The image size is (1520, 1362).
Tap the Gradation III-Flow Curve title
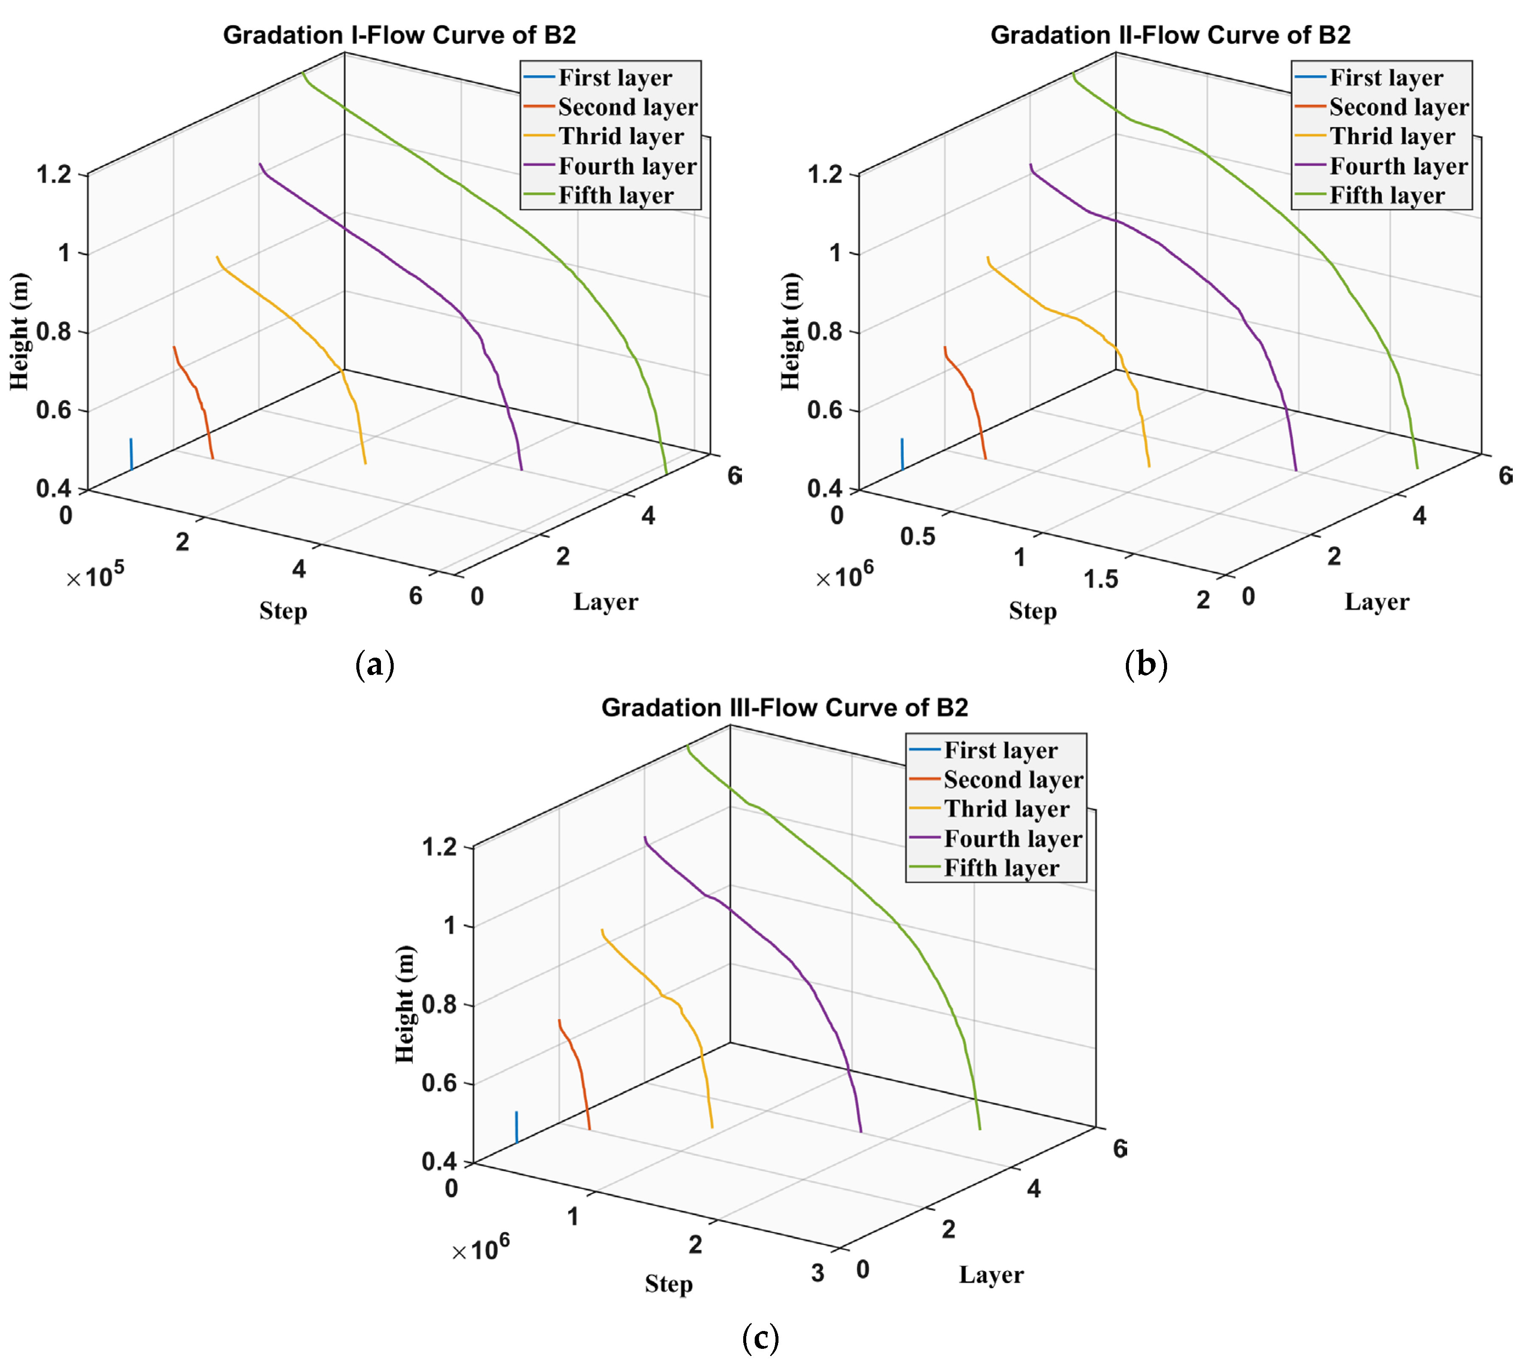[x=784, y=707]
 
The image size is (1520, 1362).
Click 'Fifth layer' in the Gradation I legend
[x=615, y=195]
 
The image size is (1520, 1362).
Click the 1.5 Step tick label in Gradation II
[x=1101, y=579]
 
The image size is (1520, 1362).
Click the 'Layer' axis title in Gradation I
[x=606, y=602]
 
